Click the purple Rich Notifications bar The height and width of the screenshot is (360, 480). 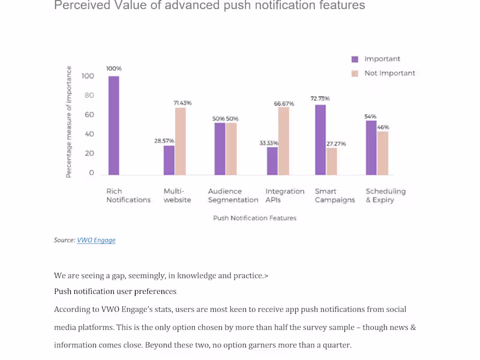pyautogui.click(x=114, y=125)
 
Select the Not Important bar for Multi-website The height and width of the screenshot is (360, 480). pyautogui.click(x=181, y=142)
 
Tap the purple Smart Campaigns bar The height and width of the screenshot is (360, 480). pyautogui.click(x=320, y=140)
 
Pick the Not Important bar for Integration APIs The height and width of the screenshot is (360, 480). pyautogui.click(x=284, y=141)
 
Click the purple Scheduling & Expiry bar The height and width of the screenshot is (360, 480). pyautogui.click(x=371, y=148)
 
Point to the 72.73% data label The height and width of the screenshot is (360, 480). pyautogui.click(x=320, y=98)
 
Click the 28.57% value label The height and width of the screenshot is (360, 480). pyautogui.click(x=164, y=141)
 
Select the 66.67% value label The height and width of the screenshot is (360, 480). pyautogui.click(x=284, y=104)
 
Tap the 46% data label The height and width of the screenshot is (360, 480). pyautogui.click(x=383, y=127)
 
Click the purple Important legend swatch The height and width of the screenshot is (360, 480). pyautogui.click(x=355, y=59)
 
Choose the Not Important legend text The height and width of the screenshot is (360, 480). pyautogui.click(x=389, y=73)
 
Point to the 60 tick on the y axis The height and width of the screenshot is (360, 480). pyautogui.click(x=89, y=115)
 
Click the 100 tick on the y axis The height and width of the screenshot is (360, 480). pyautogui.click(x=88, y=76)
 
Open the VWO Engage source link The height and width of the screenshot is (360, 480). pyautogui.click(x=96, y=241)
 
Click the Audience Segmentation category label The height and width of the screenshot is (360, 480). pyautogui.click(x=233, y=196)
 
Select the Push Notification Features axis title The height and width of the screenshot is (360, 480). pyautogui.click(x=254, y=218)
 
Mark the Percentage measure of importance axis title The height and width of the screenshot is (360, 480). pyautogui.click(x=68, y=122)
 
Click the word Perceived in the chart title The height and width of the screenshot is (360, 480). pyautogui.click(x=82, y=5)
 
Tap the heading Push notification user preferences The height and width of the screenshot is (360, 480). pyautogui.click(x=115, y=291)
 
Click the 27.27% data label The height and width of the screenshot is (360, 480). pyautogui.click(x=336, y=144)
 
